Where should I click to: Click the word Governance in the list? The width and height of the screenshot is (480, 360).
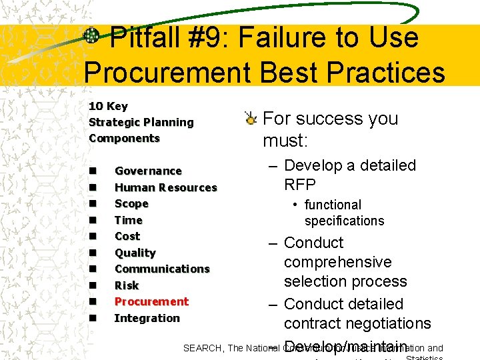coord(148,171)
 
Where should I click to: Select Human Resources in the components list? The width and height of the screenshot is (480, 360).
coord(165,188)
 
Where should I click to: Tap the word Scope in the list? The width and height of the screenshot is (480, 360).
coord(131,204)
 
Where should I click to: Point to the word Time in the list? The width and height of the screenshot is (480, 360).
coord(129,220)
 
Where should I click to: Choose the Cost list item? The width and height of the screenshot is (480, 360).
coord(127,237)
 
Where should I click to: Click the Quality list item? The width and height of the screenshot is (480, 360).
coord(135,253)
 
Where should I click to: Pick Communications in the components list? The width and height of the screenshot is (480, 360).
coord(162,269)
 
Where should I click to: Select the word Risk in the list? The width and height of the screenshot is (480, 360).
coord(127,286)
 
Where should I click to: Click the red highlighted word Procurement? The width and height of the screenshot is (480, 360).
coord(151,302)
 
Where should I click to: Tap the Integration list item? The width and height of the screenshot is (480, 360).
coord(147,319)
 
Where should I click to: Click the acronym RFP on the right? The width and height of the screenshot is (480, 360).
coord(300,185)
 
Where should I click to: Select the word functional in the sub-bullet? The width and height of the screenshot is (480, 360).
coord(333,205)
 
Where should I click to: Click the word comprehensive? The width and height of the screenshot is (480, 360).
coord(337,263)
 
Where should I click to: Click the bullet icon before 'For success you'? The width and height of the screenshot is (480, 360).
coord(250,119)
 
